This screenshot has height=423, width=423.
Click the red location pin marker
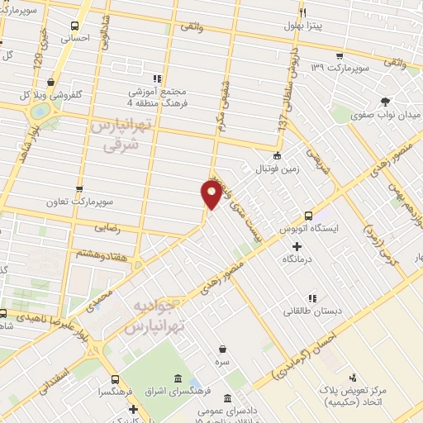pyautogui.click(x=211, y=194)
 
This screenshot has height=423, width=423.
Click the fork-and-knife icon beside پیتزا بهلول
pyautogui.click(x=302, y=12)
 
